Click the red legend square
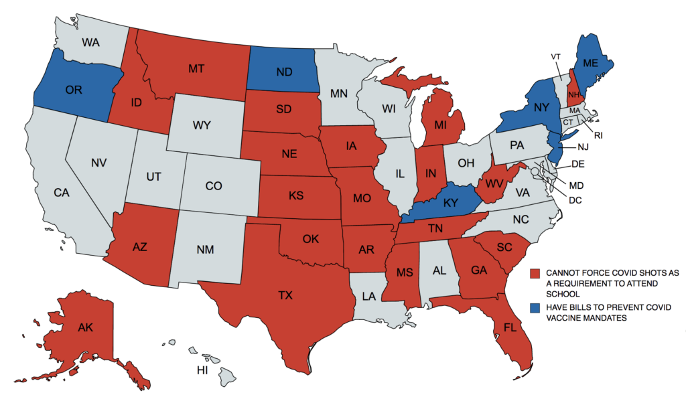(535, 273)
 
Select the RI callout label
(598, 135)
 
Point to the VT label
(555, 56)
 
